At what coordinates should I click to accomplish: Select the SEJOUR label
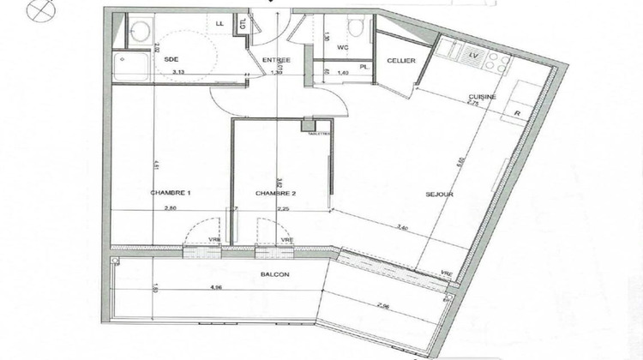pyautogui.click(x=439, y=195)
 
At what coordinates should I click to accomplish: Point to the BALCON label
pyautogui.click(x=274, y=274)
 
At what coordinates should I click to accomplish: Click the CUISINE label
pyautogui.click(x=483, y=97)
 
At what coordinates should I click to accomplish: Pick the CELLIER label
pyautogui.click(x=401, y=60)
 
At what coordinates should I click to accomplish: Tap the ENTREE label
pyautogui.click(x=276, y=60)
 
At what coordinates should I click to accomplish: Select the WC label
pyautogui.click(x=343, y=47)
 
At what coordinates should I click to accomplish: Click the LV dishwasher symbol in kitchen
pyautogui.click(x=472, y=56)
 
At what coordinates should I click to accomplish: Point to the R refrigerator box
pyautogui.click(x=517, y=112)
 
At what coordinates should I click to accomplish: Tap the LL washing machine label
pyautogui.click(x=220, y=24)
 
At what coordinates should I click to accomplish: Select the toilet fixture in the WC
pyautogui.click(x=357, y=23)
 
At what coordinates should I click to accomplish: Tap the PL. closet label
pyautogui.click(x=364, y=65)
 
